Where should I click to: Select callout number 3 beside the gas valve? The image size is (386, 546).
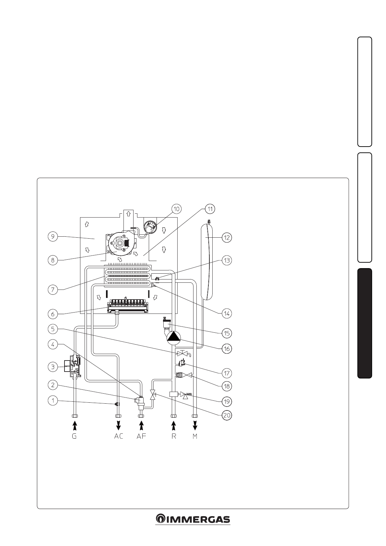53,367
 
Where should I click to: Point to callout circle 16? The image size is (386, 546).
226,349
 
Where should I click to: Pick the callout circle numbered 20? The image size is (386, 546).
226,415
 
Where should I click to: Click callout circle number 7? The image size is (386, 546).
53,289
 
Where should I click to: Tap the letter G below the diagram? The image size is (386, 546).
74,436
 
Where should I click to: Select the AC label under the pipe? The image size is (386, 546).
119,436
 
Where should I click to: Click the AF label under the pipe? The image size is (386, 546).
141,436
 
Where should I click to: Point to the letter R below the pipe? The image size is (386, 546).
174,436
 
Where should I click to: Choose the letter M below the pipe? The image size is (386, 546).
195,436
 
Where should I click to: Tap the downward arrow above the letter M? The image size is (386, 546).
195,424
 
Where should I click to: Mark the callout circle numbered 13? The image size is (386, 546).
226,260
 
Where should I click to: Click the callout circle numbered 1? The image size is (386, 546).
53,401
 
